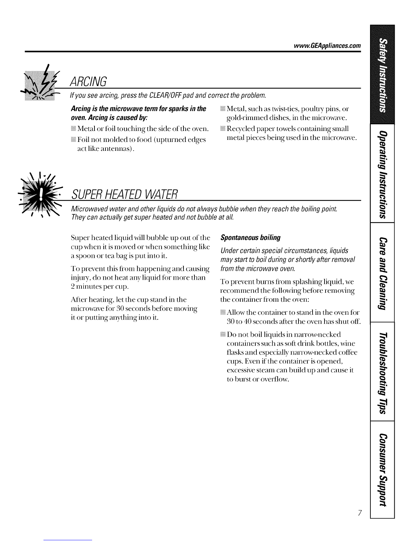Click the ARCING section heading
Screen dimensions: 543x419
(89, 81)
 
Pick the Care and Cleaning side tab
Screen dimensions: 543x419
(382, 272)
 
